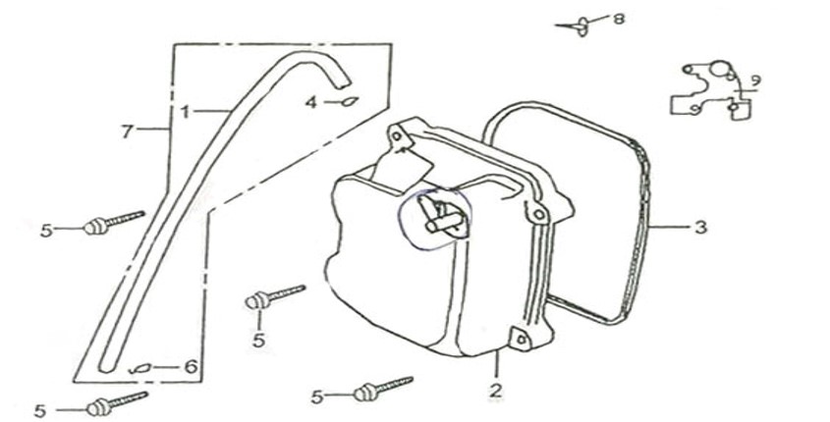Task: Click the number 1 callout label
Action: [184, 112]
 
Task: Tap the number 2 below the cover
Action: [496, 392]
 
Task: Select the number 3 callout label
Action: [699, 228]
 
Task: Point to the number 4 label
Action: [309, 102]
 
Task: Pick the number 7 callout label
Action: [126, 132]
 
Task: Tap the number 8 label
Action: [618, 19]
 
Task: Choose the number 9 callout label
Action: [754, 79]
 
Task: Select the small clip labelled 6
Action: [140, 368]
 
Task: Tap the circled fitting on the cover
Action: [434, 218]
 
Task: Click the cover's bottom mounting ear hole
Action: [519, 340]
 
